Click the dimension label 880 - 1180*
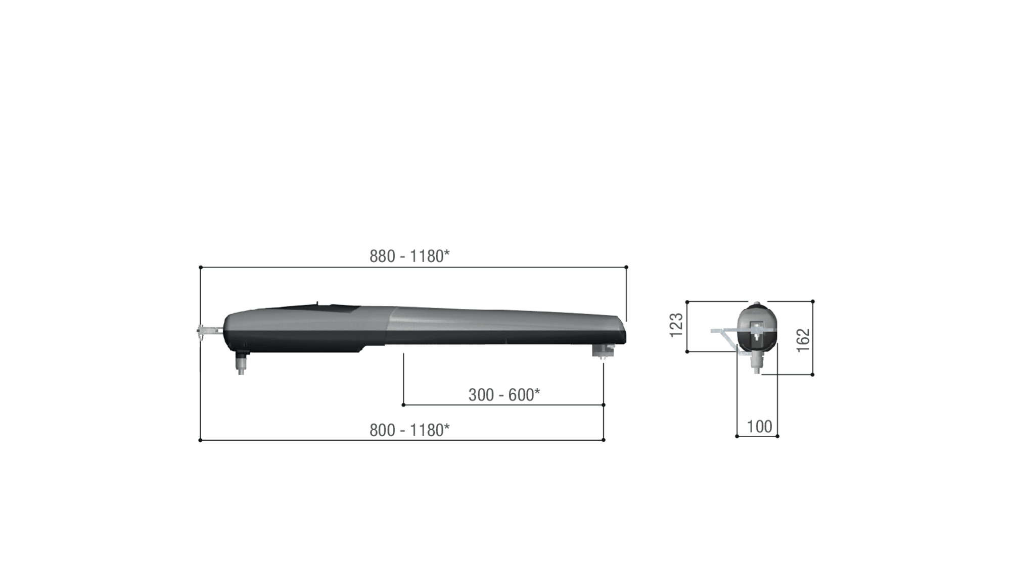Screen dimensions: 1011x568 (409, 256)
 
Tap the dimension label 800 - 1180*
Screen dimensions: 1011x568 (409, 430)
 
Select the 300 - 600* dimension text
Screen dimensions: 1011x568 (504, 395)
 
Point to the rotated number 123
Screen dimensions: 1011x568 (676, 325)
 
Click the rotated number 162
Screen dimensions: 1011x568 (803, 340)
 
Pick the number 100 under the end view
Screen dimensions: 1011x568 (759, 427)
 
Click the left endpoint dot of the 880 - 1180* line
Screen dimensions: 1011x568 (201, 267)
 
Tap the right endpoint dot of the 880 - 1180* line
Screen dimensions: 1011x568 (626, 267)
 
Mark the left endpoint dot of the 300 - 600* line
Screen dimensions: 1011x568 (403, 405)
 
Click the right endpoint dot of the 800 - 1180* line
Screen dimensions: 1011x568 (604, 440)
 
